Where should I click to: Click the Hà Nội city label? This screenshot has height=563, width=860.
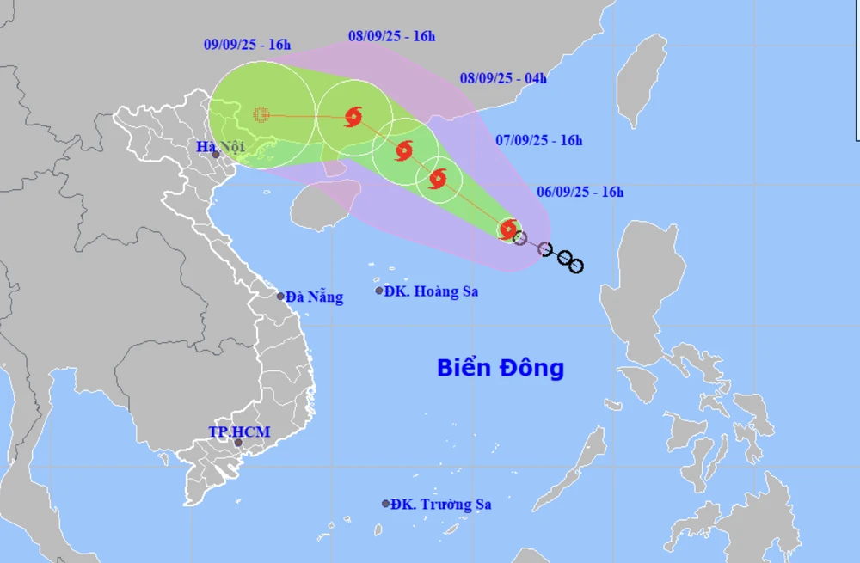click(x=220, y=147)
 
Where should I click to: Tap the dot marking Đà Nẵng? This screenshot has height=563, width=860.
click(x=281, y=297)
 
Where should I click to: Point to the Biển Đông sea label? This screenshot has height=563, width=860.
click(x=501, y=368)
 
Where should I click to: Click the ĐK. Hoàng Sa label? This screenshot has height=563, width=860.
click(x=431, y=291)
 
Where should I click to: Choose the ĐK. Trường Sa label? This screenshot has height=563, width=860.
click(x=440, y=505)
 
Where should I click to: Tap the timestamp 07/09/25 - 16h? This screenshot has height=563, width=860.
click(x=540, y=140)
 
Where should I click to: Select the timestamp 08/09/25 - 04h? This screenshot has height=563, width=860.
click(x=503, y=78)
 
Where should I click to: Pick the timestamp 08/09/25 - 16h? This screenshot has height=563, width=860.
click(x=392, y=36)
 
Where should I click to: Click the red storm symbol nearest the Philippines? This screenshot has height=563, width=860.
click(x=509, y=229)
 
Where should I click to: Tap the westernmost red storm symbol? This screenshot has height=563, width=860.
click(x=353, y=117)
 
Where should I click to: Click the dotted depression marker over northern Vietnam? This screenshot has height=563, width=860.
click(x=261, y=113)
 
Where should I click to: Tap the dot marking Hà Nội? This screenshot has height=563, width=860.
click(x=216, y=155)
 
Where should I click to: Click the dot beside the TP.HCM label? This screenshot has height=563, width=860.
click(x=238, y=443)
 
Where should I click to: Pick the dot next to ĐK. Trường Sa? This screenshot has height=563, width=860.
click(x=386, y=504)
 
